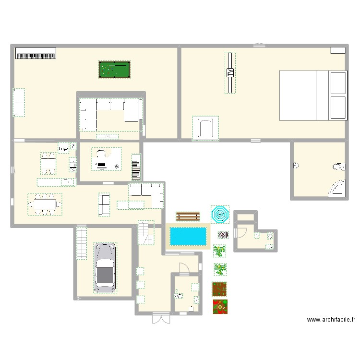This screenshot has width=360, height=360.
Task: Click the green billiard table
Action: (114, 70)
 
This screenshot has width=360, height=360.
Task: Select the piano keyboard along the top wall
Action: (36, 53)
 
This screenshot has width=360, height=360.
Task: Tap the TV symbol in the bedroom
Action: (230, 73)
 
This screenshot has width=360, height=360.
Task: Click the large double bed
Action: (312, 95)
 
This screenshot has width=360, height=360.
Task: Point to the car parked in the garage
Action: (105, 267)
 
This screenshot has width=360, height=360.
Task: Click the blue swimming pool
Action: (188, 236)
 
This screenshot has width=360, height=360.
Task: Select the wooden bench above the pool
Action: (188, 216)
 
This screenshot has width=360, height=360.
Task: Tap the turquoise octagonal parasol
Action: (220, 214)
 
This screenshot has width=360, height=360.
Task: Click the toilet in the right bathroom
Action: (339, 167)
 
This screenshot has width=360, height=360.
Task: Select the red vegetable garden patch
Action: (220, 306)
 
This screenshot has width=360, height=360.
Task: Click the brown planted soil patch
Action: (219, 289)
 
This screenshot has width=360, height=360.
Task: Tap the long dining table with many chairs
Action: (45, 204)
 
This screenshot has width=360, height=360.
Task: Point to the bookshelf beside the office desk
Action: (136, 167)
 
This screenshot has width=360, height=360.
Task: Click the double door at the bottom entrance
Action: (161, 318)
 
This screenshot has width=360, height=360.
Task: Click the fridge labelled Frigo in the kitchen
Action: (63, 148)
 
